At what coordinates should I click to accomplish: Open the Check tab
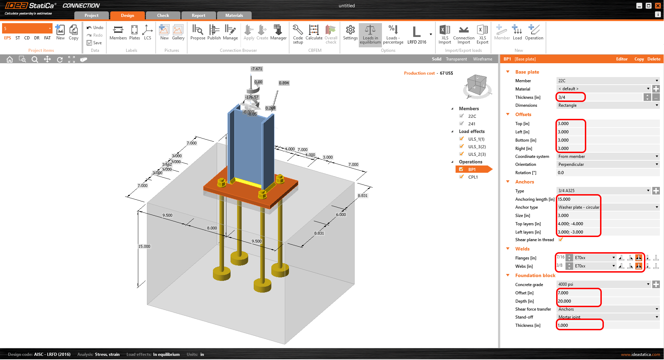[163, 16]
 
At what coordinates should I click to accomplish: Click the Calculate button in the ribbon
[314, 33]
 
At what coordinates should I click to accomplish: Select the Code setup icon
[298, 33]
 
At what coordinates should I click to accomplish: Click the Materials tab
[234, 16]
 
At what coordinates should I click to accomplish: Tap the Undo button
[95, 28]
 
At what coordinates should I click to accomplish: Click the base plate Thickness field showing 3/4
[570, 97]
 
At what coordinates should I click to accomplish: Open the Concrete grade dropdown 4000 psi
[604, 284]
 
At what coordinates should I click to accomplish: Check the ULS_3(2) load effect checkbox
[461, 146]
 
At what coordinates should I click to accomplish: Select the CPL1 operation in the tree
[473, 177]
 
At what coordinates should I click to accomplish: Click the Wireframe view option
[483, 59]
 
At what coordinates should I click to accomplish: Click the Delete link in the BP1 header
[654, 59]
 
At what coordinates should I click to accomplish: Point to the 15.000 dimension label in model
[144, 246]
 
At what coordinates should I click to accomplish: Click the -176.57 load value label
[252, 97]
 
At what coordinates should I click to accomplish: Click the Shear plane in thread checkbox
[561, 240]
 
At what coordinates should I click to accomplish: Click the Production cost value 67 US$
[446, 73]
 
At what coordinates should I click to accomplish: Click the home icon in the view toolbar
[10, 59]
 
